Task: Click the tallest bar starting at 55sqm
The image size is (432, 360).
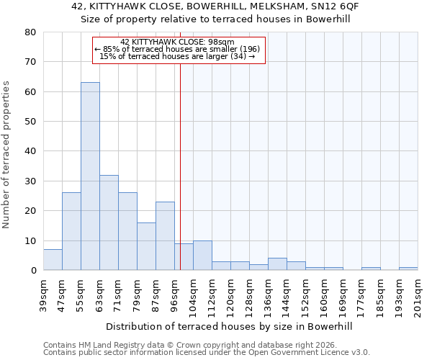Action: (x=90, y=176)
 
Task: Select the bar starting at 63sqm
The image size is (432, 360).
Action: (x=109, y=222)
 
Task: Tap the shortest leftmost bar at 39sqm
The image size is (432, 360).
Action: (x=53, y=260)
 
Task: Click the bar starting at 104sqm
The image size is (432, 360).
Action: (x=202, y=256)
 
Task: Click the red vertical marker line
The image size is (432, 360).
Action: (x=180, y=166)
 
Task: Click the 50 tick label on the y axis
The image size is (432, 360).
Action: (x=30, y=122)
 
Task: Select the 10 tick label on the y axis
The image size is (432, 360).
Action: (x=30, y=241)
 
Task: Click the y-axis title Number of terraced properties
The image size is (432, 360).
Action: (x=6, y=154)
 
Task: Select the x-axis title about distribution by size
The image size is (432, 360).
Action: (x=230, y=326)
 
